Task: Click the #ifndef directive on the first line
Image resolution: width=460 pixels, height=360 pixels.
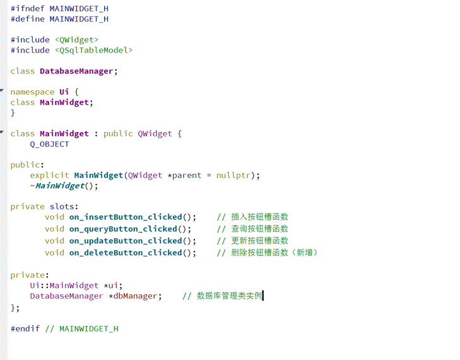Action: [x=27, y=8]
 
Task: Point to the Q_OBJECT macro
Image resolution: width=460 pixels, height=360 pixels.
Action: [x=49, y=144]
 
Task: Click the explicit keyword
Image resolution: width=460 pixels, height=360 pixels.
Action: [x=49, y=175]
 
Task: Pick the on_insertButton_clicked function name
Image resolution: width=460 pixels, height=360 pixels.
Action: [x=126, y=217]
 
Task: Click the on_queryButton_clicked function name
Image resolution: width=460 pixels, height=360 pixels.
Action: [x=123, y=229]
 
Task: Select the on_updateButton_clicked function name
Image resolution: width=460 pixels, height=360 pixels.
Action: [x=126, y=241]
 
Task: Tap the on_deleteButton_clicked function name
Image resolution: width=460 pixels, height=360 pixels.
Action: [x=126, y=253]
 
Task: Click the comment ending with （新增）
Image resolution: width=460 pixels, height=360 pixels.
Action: [x=268, y=253]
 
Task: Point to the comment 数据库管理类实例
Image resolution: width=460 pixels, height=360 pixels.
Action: [x=222, y=296]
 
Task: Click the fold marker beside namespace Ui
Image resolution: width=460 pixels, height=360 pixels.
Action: [x=3, y=92]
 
